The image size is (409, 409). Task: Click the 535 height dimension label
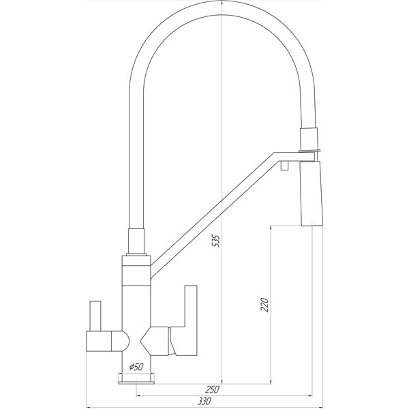pyautogui.click(x=216, y=241)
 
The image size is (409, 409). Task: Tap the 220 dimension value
pyautogui.click(x=264, y=305)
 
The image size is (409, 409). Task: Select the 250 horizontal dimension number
pyautogui.click(x=212, y=389)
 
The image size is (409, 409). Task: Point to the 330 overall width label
pyautogui.click(x=204, y=401)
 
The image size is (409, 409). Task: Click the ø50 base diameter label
pyautogui.click(x=136, y=367)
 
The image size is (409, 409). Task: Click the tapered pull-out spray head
pyautogui.click(x=312, y=194)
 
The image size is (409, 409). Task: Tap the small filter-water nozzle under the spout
pyautogui.click(x=284, y=166)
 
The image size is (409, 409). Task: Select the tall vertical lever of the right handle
pyautogui.click(x=191, y=320)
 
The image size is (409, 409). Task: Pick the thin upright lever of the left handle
pyautogui.click(x=95, y=316)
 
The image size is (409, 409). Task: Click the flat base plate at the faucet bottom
pyautogui.click(x=136, y=382)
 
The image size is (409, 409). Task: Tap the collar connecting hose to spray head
pyautogui.click(x=309, y=139)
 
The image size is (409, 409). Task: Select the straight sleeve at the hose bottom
pyautogui.click(x=136, y=241)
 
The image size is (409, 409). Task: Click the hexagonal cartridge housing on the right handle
pyautogui.click(x=155, y=340)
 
